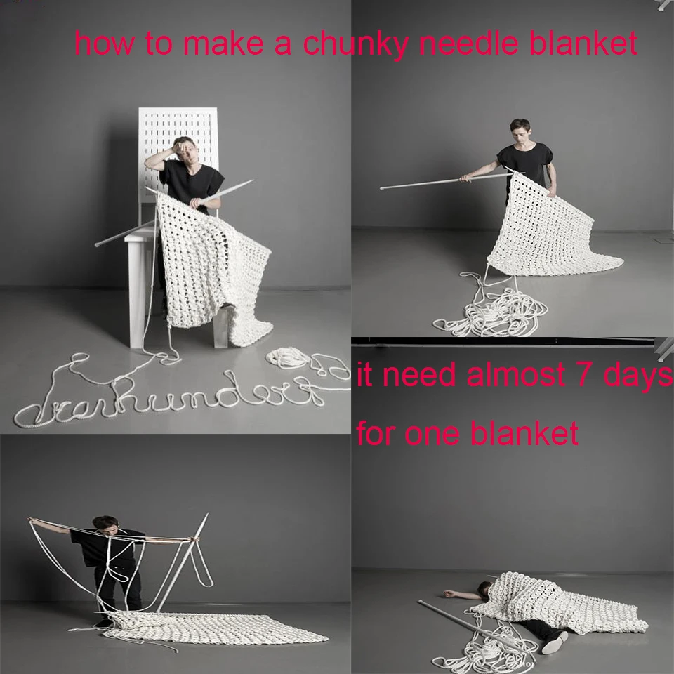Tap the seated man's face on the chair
tap(185, 150)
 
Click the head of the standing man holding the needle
tap(520, 132)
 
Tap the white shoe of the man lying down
tap(555, 641)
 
